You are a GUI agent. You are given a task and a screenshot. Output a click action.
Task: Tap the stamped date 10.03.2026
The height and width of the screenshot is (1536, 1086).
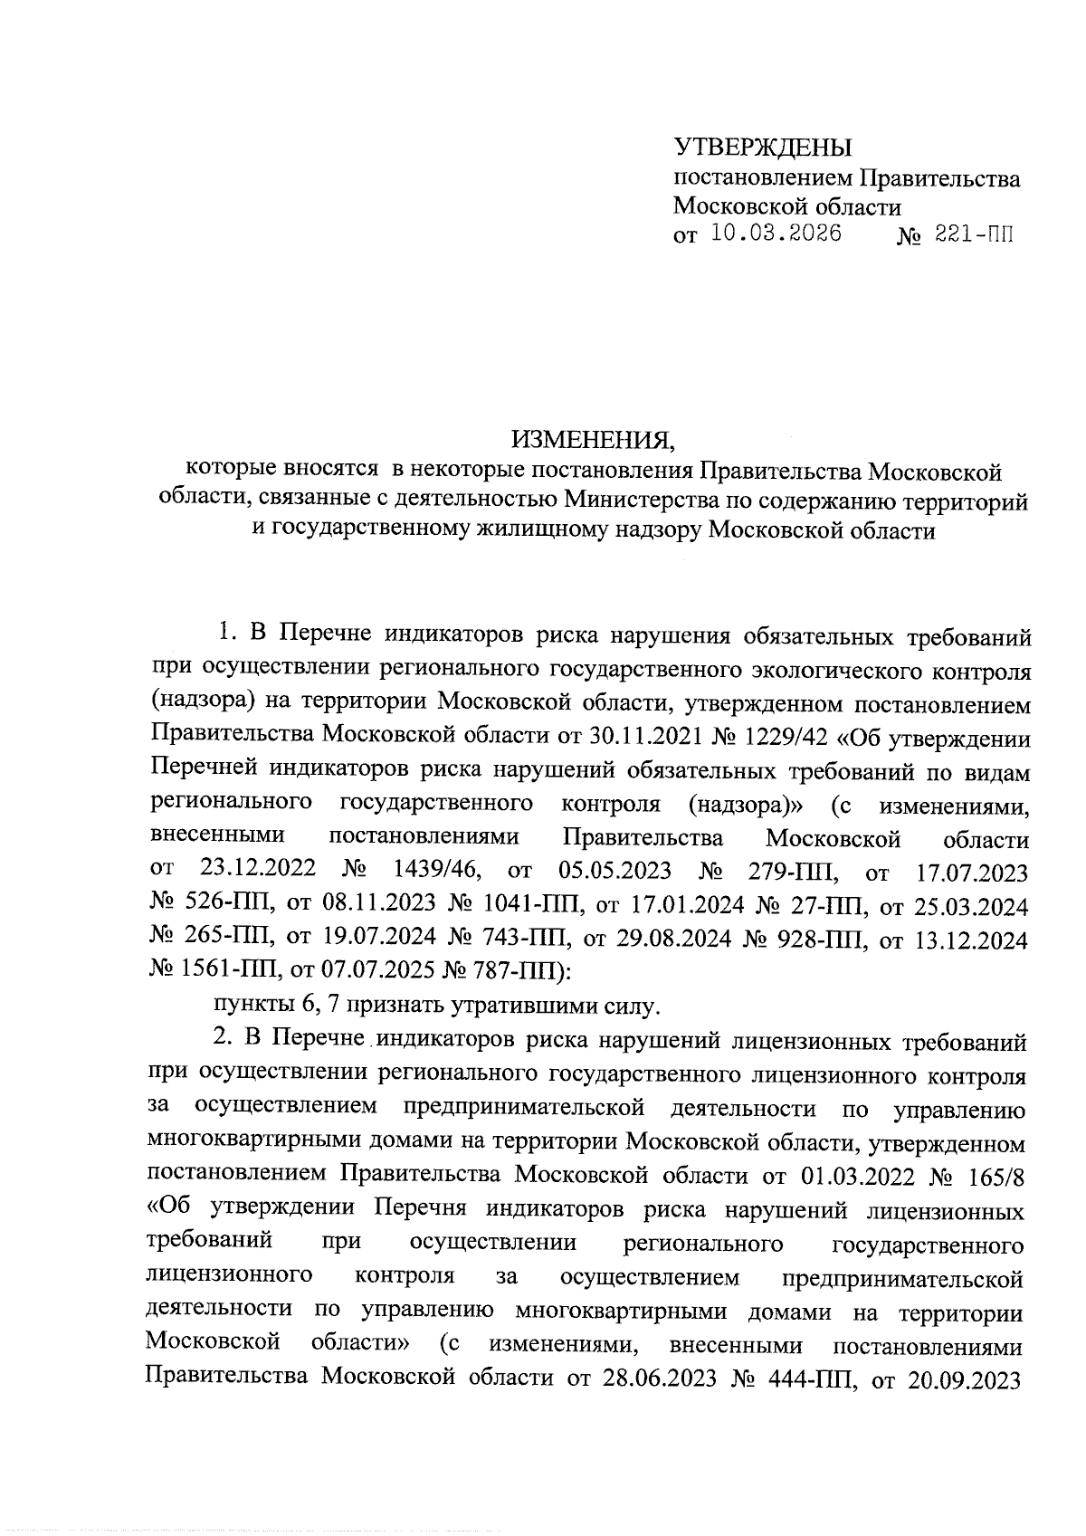point(776,234)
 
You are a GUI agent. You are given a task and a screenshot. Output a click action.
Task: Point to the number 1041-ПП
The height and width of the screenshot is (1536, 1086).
point(528,905)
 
